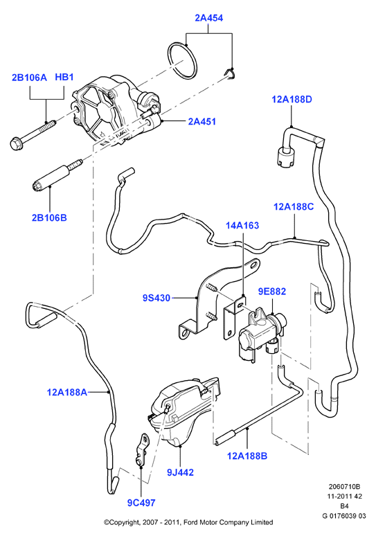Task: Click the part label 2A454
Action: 209,18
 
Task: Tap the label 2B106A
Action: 29,78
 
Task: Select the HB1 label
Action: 64,78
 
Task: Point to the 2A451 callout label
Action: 202,121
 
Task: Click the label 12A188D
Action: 292,100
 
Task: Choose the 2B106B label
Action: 49,217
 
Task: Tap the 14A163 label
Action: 242,225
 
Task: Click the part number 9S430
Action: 156,298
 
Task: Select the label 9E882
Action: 271,292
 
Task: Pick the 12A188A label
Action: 67,392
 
